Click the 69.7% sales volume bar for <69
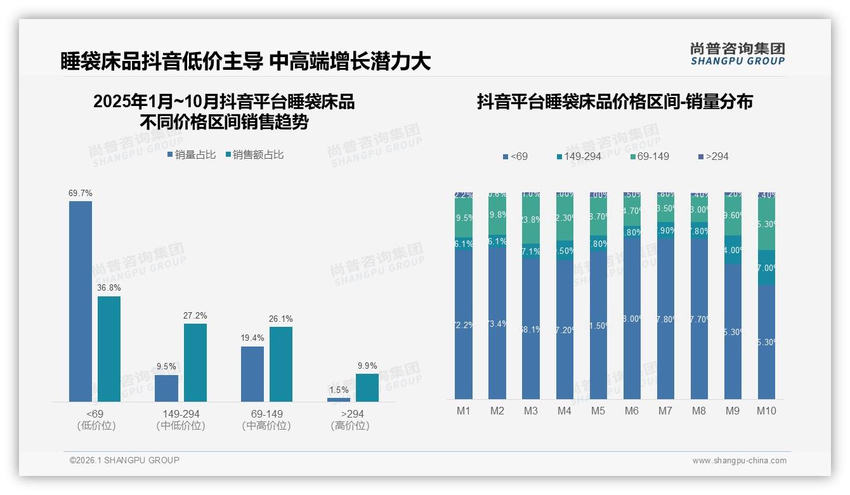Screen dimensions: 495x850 81,301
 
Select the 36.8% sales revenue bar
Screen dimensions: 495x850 109,349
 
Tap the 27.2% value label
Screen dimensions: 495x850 195,316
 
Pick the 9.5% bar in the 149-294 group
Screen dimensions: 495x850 167,388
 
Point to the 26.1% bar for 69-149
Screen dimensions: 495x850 281,364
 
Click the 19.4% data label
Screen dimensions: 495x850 252,338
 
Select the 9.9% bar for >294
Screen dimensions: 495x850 367,388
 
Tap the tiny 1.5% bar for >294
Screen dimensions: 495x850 339,400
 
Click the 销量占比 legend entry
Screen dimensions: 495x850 192,154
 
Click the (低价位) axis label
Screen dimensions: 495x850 96,426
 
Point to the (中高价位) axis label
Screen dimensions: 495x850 266,426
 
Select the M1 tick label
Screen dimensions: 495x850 464,411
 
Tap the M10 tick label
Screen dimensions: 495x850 766,411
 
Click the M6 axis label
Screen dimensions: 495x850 632,411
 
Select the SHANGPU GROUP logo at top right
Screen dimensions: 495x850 738,54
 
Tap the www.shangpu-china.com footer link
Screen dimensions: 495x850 739,461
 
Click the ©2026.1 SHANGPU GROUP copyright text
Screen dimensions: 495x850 124,460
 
